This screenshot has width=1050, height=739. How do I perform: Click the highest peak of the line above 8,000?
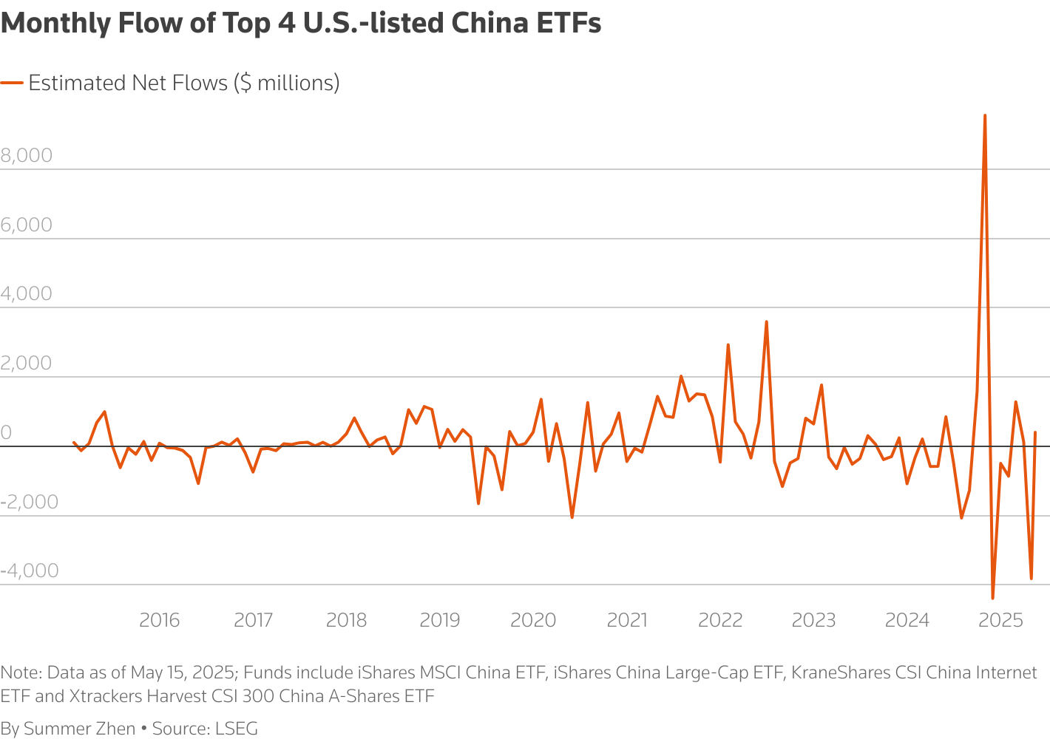click(984, 116)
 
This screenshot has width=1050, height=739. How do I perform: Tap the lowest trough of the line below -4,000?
click(992, 597)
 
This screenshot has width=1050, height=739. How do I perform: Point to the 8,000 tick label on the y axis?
click(27, 155)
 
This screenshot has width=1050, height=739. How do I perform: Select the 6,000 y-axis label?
click(27, 225)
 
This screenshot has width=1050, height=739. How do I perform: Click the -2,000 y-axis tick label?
click(30, 501)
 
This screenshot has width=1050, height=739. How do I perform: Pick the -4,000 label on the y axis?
click(30, 571)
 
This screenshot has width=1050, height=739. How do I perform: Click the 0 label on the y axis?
click(7, 432)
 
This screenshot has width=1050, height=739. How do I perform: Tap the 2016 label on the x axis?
click(159, 620)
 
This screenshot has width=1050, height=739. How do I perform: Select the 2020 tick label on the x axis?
click(533, 620)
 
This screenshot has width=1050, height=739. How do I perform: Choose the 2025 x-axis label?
click(1000, 620)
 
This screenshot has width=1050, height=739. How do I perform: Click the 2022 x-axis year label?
click(719, 620)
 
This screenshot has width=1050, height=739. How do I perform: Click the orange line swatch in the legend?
click(12, 83)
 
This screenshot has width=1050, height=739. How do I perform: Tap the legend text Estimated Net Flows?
click(128, 83)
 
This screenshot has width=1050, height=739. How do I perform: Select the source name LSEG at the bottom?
click(237, 729)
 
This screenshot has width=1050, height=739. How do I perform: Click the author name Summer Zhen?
click(79, 729)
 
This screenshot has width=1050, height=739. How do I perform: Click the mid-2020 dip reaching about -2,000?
click(572, 517)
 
